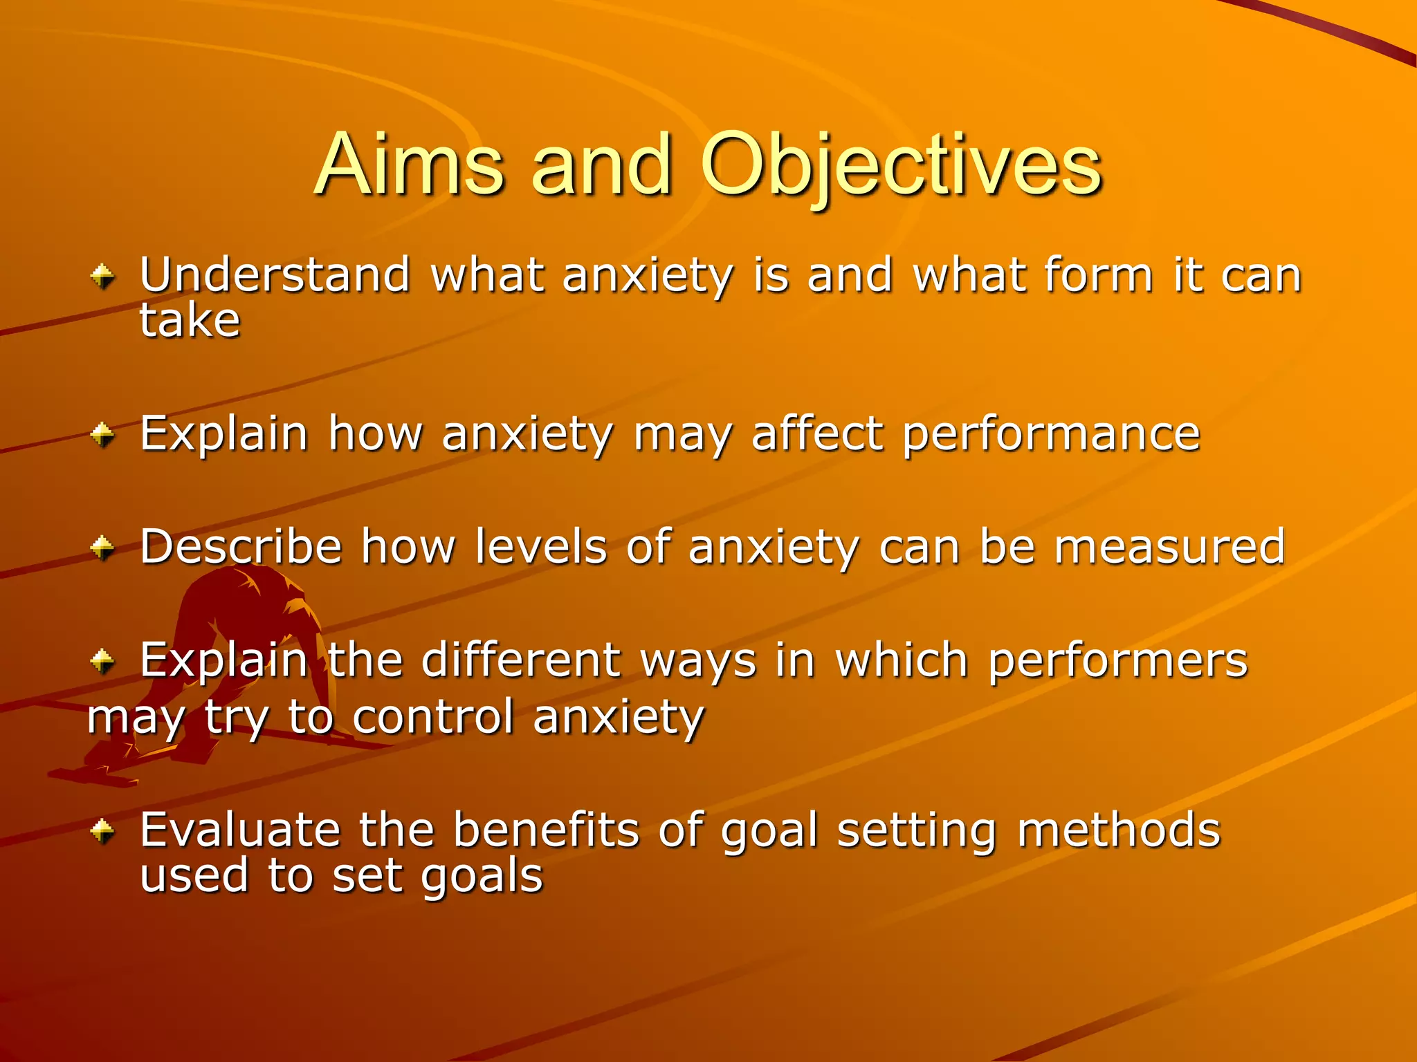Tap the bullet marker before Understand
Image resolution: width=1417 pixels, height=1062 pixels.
click(x=102, y=277)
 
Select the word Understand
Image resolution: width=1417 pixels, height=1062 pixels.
click(x=275, y=275)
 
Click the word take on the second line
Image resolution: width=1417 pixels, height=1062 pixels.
click(x=190, y=321)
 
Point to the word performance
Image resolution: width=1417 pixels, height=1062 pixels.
click(x=1051, y=434)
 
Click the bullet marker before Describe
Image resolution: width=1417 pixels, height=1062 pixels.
click(x=102, y=548)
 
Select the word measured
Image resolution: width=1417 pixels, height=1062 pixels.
click(x=1169, y=547)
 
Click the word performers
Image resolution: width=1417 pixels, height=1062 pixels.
click(x=1117, y=660)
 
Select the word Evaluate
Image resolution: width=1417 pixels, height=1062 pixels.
click(x=239, y=829)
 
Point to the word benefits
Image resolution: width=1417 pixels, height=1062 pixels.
click(x=546, y=829)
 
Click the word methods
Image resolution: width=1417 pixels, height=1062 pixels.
click(x=1118, y=829)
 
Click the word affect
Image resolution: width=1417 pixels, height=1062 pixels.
click(x=817, y=434)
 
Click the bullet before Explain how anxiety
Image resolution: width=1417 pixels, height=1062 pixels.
click(x=102, y=436)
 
